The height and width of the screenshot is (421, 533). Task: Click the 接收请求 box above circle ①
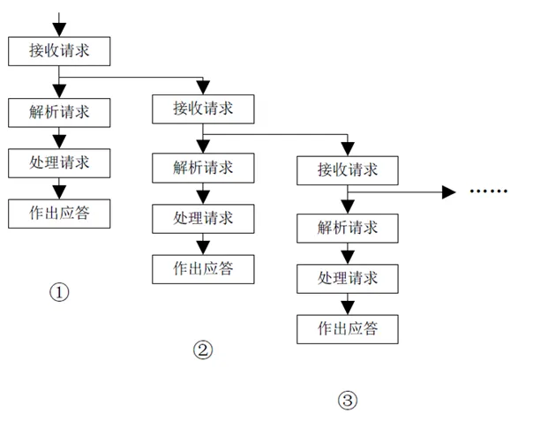click(x=59, y=51)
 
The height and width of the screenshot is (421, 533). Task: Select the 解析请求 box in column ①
click(x=59, y=113)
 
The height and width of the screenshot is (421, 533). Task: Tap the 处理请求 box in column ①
click(x=59, y=163)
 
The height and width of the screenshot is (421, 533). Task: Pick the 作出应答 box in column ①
click(x=59, y=214)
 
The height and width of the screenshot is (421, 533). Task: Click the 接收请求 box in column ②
click(x=203, y=109)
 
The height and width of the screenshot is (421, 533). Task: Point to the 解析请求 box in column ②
click(x=203, y=168)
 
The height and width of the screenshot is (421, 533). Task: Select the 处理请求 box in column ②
click(x=203, y=219)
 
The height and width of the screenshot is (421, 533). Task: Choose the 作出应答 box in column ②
click(x=203, y=269)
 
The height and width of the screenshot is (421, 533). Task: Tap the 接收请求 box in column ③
click(x=348, y=170)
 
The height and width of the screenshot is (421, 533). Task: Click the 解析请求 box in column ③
click(x=348, y=229)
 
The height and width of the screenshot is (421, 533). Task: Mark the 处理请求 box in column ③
click(x=348, y=279)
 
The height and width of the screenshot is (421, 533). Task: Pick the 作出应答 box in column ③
click(x=348, y=329)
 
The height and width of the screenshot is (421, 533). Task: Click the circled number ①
click(x=59, y=292)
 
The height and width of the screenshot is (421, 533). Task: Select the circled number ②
click(x=203, y=350)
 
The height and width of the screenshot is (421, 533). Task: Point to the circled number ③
click(x=348, y=400)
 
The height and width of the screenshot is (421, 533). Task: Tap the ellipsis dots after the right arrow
click(x=489, y=192)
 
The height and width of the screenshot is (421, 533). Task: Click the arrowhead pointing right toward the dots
click(x=448, y=192)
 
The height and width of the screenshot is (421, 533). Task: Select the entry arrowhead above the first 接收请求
click(x=59, y=30)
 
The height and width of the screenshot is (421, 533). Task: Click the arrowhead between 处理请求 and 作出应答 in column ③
click(x=348, y=308)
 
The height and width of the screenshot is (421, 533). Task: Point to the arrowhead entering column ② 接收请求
click(x=203, y=87)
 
